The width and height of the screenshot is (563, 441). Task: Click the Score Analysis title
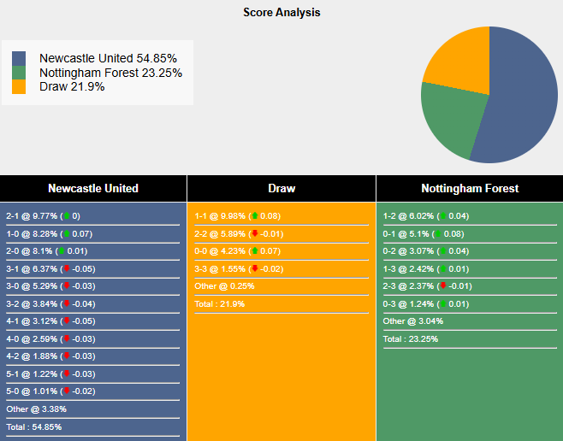[x=281, y=13]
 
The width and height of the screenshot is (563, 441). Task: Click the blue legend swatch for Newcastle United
[x=19, y=58]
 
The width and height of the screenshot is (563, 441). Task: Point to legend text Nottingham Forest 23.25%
[x=110, y=73]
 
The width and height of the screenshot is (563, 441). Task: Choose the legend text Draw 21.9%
[x=72, y=86]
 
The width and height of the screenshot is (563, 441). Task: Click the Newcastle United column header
[x=93, y=188]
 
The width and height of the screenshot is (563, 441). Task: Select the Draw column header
[x=281, y=188]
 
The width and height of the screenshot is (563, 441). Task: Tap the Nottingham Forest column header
[x=470, y=188]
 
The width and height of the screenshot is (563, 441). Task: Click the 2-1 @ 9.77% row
[x=43, y=216]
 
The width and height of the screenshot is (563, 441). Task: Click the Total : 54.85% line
[x=34, y=426]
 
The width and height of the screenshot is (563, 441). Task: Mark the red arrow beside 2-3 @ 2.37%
[x=442, y=286]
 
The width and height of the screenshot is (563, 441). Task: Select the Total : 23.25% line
[x=411, y=339]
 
